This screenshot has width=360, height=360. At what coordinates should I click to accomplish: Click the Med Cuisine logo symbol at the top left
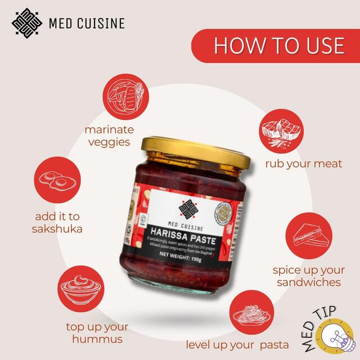coord(28,22)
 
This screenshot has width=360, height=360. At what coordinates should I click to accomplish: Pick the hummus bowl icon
coord(78,288)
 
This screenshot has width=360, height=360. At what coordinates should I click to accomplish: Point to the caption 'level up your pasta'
coord(237,344)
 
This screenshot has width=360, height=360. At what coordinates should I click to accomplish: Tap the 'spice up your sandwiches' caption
coord(308,276)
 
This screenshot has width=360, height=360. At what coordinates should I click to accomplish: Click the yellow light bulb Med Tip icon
coord(337,337)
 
